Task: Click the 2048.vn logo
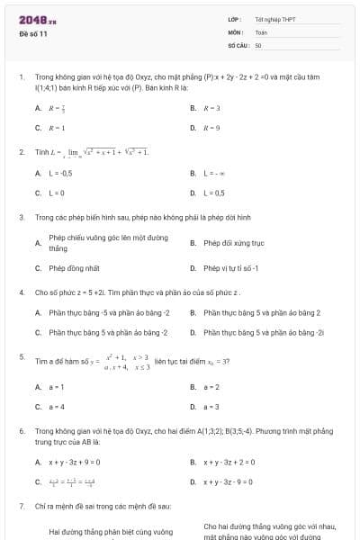click(x=37, y=18)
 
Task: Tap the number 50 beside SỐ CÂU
click(x=258, y=43)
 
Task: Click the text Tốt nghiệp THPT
click(x=275, y=18)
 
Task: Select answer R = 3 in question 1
click(x=211, y=108)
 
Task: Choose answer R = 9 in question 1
click(x=211, y=128)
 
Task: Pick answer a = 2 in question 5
click(x=211, y=387)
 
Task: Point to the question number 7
click(x=21, y=507)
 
